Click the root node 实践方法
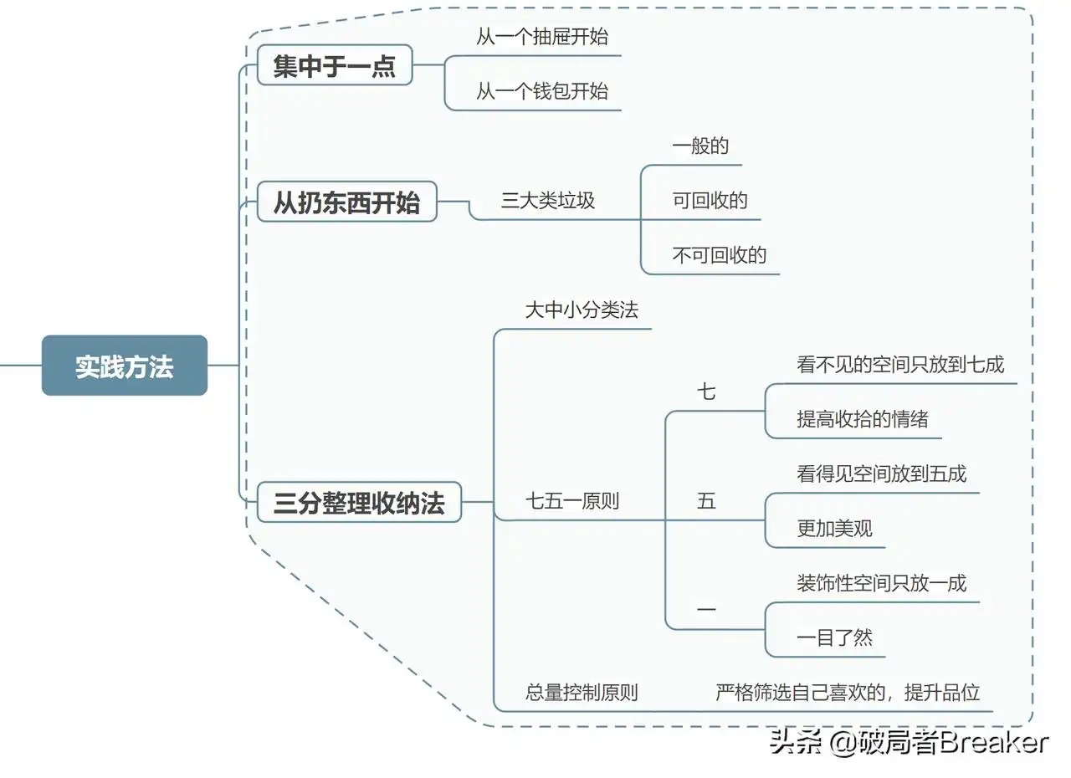[x=125, y=366]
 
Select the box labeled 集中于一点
[x=335, y=65]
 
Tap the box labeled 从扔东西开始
[x=346, y=202]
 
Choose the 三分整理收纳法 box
[x=359, y=503]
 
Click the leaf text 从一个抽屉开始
[x=542, y=37]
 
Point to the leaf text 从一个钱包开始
[x=542, y=91]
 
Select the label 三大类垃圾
[x=548, y=200]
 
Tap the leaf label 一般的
[x=700, y=146]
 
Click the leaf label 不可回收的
[x=720, y=255]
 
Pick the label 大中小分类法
[x=582, y=310]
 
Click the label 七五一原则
[x=572, y=502]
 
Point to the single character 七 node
[x=707, y=392]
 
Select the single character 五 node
[x=707, y=501]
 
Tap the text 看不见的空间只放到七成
[x=900, y=364]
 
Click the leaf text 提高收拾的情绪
[x=863, y=419]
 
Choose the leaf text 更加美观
[x=834, y=529]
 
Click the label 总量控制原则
[x=582, y=693]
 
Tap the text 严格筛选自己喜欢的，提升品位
[x=848, y=693]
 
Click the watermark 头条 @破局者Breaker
[x=909, y=742]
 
